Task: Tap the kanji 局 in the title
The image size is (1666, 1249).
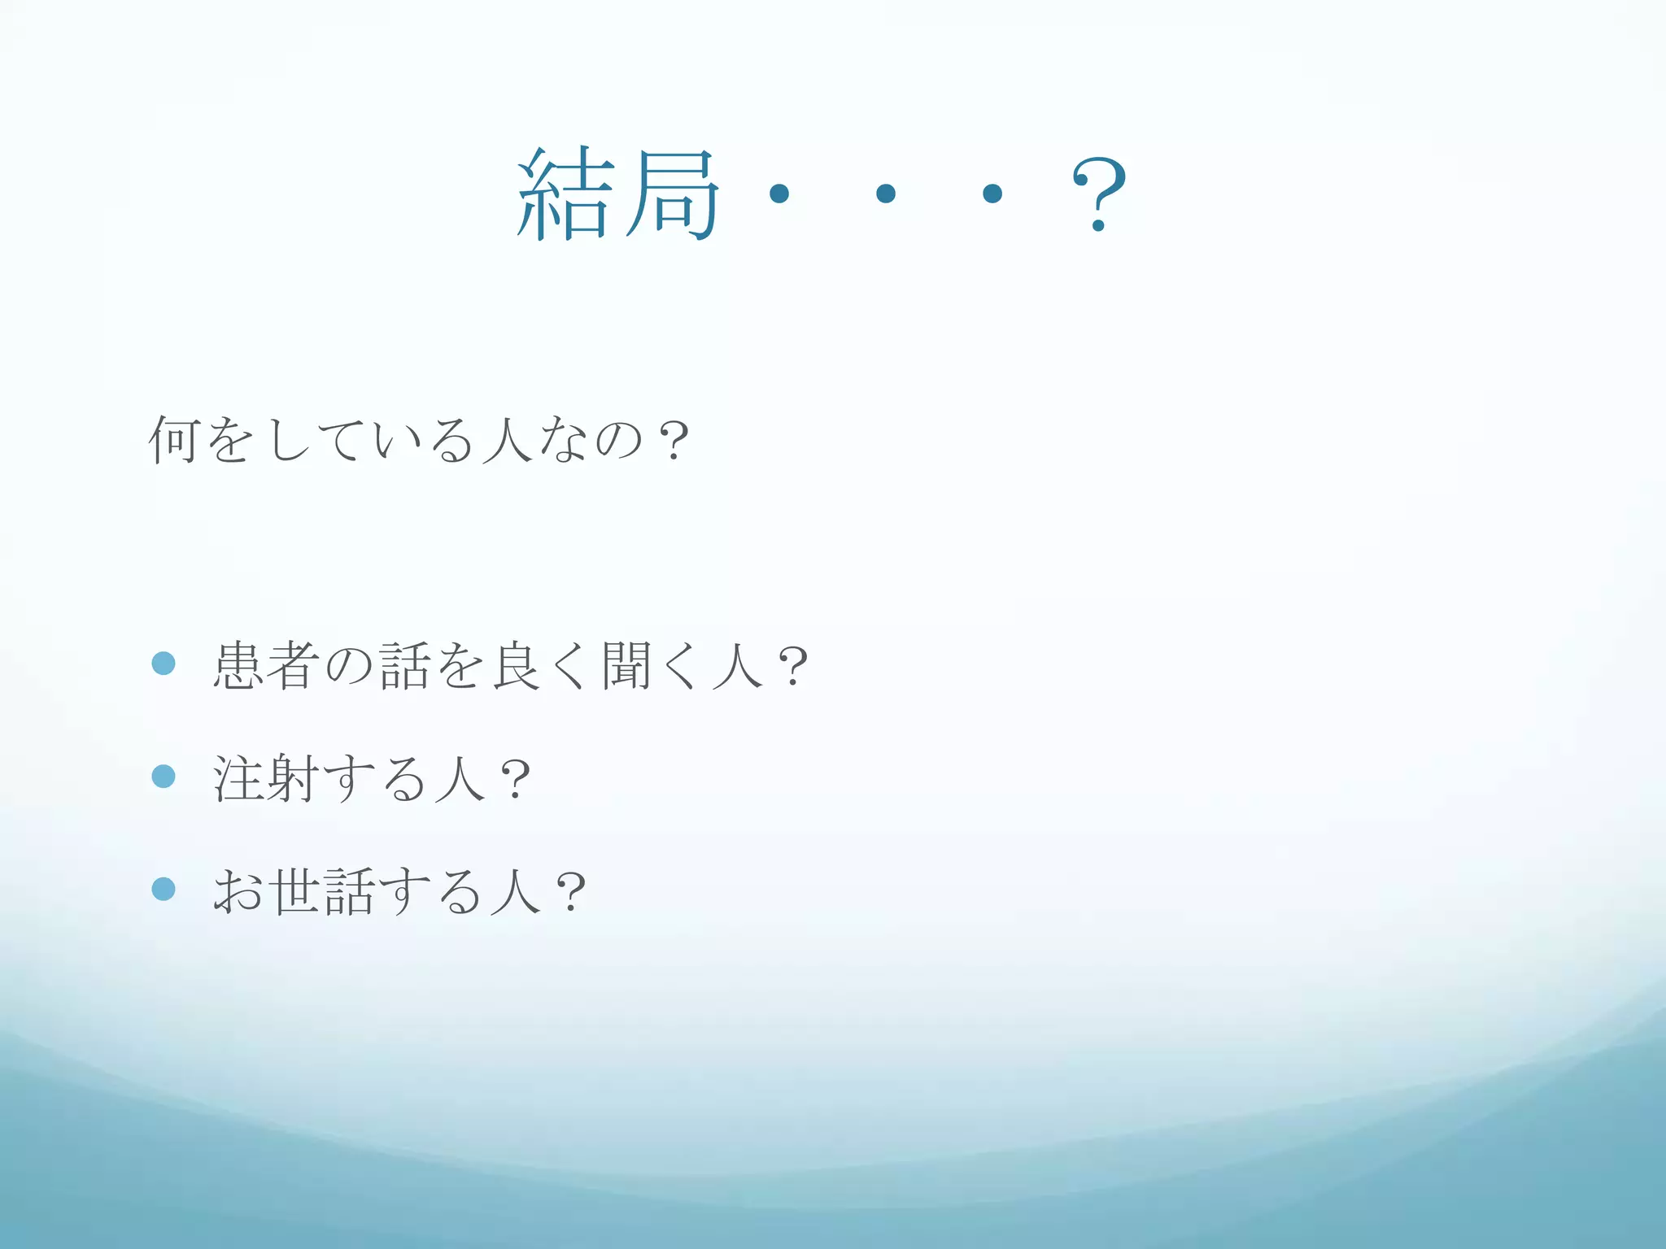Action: (672, 195)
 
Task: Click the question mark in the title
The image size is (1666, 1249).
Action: (1099, 194)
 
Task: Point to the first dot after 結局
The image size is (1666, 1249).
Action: (779, 194)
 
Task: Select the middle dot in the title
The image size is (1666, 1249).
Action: (886, 194)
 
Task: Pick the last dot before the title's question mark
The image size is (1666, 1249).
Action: (992, 194)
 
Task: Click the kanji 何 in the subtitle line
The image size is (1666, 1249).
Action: (173, 440)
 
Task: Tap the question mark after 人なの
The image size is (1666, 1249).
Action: (674, 442)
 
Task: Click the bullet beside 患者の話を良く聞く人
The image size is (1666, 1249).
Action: (164, 664)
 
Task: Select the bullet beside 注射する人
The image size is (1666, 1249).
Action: (164, 777)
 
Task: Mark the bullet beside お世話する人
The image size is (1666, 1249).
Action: (164, 889)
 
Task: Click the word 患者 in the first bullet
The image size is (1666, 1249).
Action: (265, 666)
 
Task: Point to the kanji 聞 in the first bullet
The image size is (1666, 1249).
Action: (627, 666)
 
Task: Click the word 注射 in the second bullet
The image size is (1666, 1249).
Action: (265, 778)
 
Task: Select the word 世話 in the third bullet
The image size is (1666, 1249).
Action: (324, 891)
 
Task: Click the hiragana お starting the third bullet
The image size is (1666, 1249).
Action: (238, 891)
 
